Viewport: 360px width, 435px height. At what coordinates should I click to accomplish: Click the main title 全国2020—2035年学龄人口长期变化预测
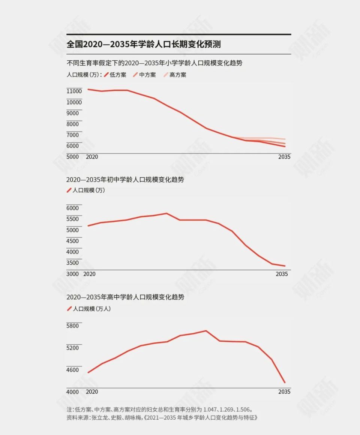(144, 44)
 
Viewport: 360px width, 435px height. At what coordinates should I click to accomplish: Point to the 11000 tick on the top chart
(74, 91)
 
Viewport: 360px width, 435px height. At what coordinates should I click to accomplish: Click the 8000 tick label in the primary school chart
(73, 124)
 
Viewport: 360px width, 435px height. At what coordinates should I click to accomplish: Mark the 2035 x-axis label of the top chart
(284, 157)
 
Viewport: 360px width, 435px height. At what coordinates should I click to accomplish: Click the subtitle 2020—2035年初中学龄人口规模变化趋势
(125, 179)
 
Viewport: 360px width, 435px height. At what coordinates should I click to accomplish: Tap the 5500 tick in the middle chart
(73, 219)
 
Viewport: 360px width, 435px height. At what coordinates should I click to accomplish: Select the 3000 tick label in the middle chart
(73, 274)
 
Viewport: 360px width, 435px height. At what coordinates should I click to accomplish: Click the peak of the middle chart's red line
(166, 214)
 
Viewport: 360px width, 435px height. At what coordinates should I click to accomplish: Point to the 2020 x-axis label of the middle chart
(89, 274)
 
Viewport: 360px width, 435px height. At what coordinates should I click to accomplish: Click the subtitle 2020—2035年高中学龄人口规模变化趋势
(125, 297)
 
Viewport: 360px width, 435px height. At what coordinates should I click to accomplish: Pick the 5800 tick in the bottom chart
(73, 326)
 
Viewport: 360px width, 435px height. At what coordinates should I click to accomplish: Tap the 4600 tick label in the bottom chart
(73, 370)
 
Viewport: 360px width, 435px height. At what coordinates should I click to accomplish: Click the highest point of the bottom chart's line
(206, 331)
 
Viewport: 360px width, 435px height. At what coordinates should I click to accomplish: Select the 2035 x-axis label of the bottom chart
(284, 392)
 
